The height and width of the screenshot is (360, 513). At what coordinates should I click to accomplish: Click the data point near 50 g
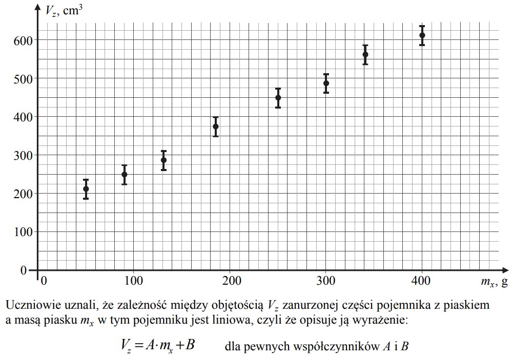(86, 189)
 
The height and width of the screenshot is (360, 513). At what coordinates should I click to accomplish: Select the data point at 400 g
(422, 35)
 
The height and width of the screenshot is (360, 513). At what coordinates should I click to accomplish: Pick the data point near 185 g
(216, 126)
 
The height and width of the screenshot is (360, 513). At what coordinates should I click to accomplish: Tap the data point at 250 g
(278, 98)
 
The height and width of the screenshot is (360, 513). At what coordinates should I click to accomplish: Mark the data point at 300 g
(326, 83)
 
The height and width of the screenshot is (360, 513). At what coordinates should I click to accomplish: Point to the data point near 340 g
(365, 54)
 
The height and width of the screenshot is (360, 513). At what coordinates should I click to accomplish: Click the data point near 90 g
(125, 175)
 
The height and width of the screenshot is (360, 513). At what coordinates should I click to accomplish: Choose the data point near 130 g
(163, 160)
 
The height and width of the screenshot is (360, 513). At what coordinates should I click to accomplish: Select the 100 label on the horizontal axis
(134, 281)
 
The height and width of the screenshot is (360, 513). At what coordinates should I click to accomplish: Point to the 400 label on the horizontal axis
(421, 281)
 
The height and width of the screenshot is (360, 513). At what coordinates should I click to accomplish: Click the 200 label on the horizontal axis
(230, 281)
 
